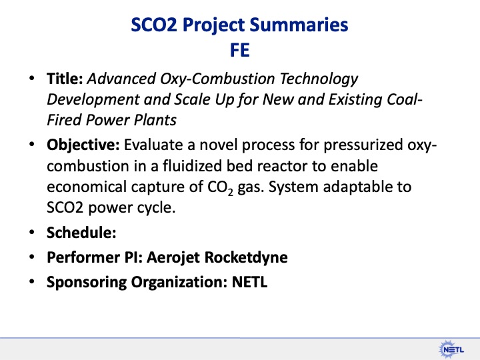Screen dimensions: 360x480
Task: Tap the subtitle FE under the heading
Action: tap(240, 50)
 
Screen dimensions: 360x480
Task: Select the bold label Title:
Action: tap(65, 79)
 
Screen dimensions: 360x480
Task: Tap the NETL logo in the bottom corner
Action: tap(451, 347)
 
